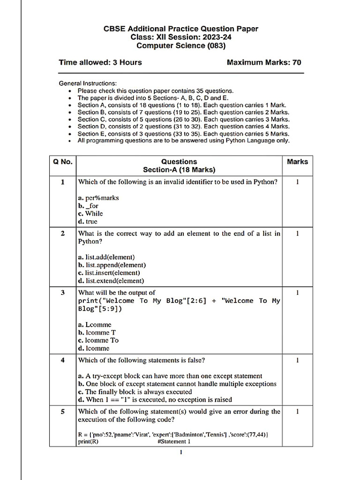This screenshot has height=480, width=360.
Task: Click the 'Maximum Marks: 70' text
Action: tap(264, 62)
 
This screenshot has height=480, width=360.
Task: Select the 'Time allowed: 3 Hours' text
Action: tap(100, 62)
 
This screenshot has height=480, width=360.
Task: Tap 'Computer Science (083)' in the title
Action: tap(180, 45)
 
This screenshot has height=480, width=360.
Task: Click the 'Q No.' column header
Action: tap(63, 162)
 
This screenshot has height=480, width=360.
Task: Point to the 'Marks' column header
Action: tap(297, 162)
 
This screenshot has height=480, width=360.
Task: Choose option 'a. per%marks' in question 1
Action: tap(98, 198)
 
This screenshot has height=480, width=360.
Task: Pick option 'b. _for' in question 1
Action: tap(88, 206)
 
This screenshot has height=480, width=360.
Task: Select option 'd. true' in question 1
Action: tap(88, 222)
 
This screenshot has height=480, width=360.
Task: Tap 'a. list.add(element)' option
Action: tap(106, 257)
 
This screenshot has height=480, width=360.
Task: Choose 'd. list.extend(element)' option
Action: tap(111, 281)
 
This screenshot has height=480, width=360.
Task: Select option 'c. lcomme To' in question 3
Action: tap(98, 340)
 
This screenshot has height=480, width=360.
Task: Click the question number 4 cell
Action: tap(63, 360)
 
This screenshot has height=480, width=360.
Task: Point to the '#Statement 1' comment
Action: tap(174, 442)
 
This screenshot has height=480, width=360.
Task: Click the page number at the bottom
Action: tap(181, 452)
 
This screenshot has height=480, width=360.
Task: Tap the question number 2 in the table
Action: tap(63, 233)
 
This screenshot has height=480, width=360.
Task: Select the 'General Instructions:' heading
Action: tap(87, 83)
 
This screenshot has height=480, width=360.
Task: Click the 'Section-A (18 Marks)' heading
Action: tap(179, 170)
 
